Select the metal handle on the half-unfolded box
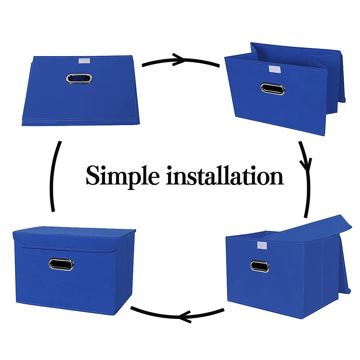pyautogui.click(x=273, y=89)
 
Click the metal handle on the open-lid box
pyautogui.click(x=260, y=266)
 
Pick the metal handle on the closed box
pyautogui.click(x=61, y=264)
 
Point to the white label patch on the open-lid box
pyautogui.click(x=261, y=246)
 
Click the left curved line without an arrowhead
pyautogui.click(x=53, y=177)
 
